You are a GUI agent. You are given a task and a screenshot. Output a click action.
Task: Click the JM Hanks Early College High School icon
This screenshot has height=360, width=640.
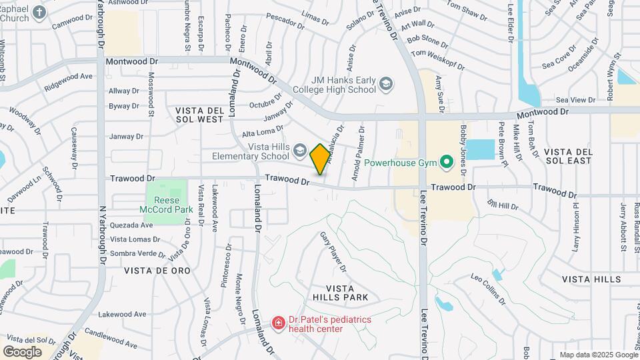pos(386,84)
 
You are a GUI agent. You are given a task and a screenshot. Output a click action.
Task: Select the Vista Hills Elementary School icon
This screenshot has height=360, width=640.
pos(299,151)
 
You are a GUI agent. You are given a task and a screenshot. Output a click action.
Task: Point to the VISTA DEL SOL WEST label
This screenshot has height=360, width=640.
pos(199,114)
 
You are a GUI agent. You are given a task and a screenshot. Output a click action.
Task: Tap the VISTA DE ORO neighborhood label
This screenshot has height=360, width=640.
pos(157,271)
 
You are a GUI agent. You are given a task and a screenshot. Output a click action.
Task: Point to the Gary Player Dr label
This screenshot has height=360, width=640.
pos(333,251)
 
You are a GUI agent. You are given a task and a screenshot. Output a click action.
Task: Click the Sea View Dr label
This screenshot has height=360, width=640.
pos(577,100)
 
